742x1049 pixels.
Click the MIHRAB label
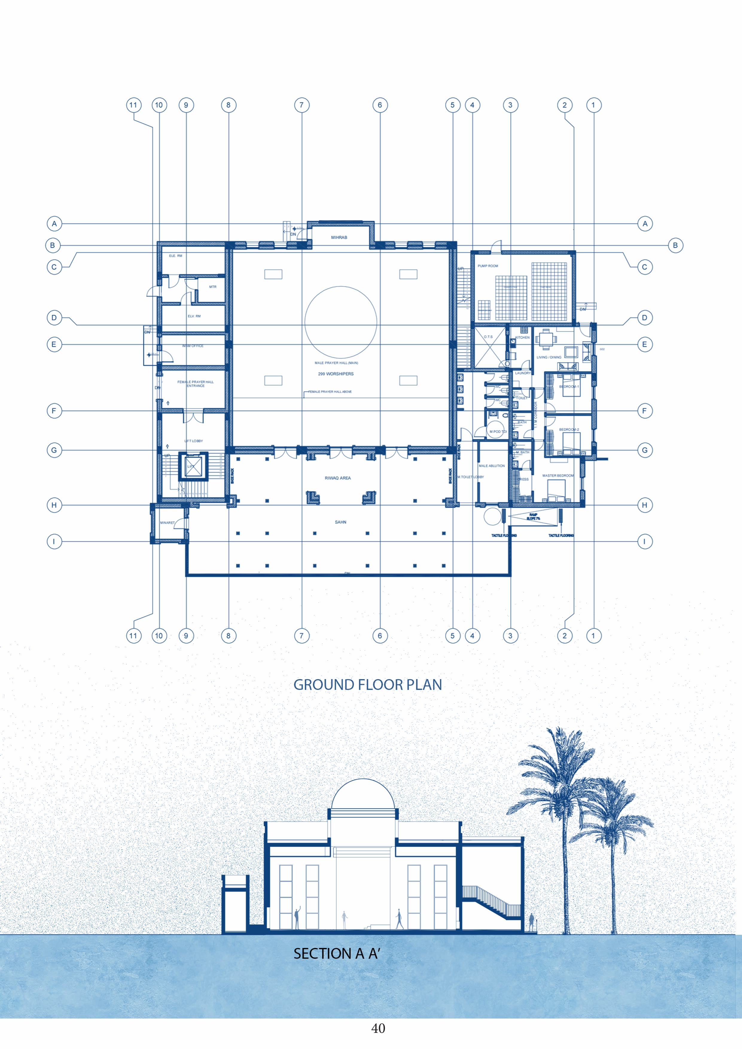tap(339, 237)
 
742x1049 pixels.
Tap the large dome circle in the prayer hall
tap(341, 322)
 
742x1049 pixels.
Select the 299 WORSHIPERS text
tap(336, 374)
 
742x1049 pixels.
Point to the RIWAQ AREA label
tap(338, 478)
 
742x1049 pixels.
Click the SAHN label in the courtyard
tap(340, 522)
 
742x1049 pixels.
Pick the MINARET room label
tap(167, 523)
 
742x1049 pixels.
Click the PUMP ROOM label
tap(487, 266)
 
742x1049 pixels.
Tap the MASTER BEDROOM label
tap(558, 476)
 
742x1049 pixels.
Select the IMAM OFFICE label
tap(193, 346)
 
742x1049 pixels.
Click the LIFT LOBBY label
tap(193, 441)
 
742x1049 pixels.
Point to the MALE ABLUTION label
tap(492, 466)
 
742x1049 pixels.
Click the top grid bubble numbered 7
tap(301, 105)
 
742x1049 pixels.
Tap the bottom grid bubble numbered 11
tap(133, 635)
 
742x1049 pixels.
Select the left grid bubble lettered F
tap(54, 411)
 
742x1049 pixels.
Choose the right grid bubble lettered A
tap(645, 224)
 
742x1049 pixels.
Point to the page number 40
tap(378, 1028)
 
